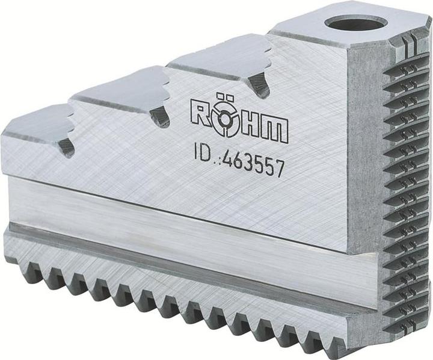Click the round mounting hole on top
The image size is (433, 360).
click(x=355, y=23)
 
